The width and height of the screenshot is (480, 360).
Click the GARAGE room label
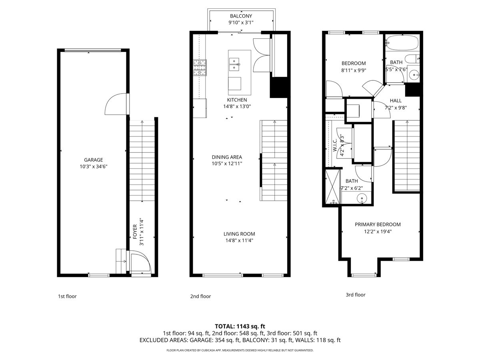point(93,159)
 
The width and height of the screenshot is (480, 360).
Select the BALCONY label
point(241,16)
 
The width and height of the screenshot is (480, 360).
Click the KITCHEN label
point(237,100)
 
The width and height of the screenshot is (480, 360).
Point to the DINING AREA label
point(227,157)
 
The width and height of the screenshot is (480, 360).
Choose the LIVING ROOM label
point(239,234)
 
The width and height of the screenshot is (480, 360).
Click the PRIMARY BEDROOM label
point(378,224)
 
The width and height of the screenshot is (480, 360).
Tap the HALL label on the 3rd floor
point(396,101)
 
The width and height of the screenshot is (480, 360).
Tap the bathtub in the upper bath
point(402,43)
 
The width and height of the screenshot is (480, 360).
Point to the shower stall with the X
point(332,186)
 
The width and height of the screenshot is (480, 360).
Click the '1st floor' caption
point(67,296)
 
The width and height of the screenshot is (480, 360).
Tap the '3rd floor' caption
point(356,295)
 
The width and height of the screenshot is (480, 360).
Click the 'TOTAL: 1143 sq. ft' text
point(240,326)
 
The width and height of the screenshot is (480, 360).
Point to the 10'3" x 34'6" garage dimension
point(93,166)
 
